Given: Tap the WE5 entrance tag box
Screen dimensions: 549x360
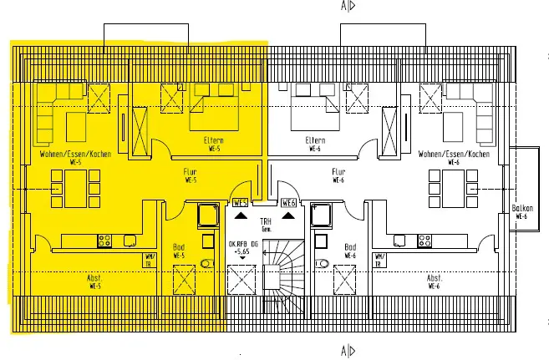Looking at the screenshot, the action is [241, 202].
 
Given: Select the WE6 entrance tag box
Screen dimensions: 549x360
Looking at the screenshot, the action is [289, 202].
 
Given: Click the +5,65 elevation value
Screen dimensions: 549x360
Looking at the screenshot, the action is [242, 251].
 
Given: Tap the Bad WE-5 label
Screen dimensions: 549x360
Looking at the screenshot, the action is [178, 251].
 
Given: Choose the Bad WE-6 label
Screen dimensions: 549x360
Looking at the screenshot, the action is [351, 251].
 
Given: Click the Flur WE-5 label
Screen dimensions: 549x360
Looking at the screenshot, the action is [190, 176].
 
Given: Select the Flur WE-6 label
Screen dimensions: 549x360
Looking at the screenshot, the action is [338, 176].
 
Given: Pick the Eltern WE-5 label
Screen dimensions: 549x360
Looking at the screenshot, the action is [213, 144].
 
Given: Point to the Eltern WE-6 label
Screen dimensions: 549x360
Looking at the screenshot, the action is [315, 144].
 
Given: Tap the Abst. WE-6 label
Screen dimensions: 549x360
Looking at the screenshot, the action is [435, 281].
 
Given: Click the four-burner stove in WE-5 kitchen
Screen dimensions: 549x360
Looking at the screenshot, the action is [105, 241].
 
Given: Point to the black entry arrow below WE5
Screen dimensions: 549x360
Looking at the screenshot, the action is [241, 215].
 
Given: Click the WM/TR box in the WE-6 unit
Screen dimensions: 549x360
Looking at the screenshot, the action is [379, 260].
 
